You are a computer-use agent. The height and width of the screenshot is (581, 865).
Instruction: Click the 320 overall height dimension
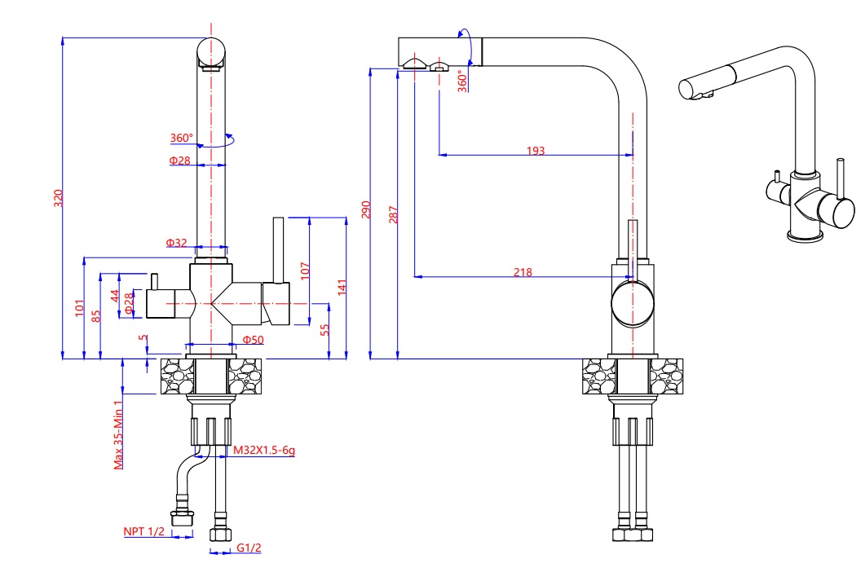point(58,198)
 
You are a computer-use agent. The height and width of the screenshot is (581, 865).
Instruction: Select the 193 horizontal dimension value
point(535,151)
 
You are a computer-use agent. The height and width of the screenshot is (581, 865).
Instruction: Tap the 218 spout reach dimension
point(523,272)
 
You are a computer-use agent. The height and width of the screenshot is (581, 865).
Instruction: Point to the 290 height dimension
point(365,209)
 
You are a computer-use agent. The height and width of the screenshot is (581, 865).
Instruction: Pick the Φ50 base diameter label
point(253,339)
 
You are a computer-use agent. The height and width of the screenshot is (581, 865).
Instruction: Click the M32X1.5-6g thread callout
point(263,450)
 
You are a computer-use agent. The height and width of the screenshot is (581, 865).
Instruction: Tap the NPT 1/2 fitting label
point(144,532)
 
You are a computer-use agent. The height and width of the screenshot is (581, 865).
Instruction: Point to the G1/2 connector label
point(249,548)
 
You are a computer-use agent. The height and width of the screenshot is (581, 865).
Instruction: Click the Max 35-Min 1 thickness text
point(118,434)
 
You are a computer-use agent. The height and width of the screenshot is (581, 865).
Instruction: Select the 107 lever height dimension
point(305,271)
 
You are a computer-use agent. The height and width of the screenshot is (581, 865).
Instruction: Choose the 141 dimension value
point(342,287)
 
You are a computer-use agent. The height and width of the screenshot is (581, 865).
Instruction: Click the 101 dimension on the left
point(80,308)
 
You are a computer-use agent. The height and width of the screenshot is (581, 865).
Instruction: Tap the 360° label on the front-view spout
point(182,138)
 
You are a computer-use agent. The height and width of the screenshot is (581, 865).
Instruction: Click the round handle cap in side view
point(633,302)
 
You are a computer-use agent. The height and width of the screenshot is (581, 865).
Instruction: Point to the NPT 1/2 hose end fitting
point(181,518)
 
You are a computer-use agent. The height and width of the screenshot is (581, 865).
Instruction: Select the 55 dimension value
point(324,329)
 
